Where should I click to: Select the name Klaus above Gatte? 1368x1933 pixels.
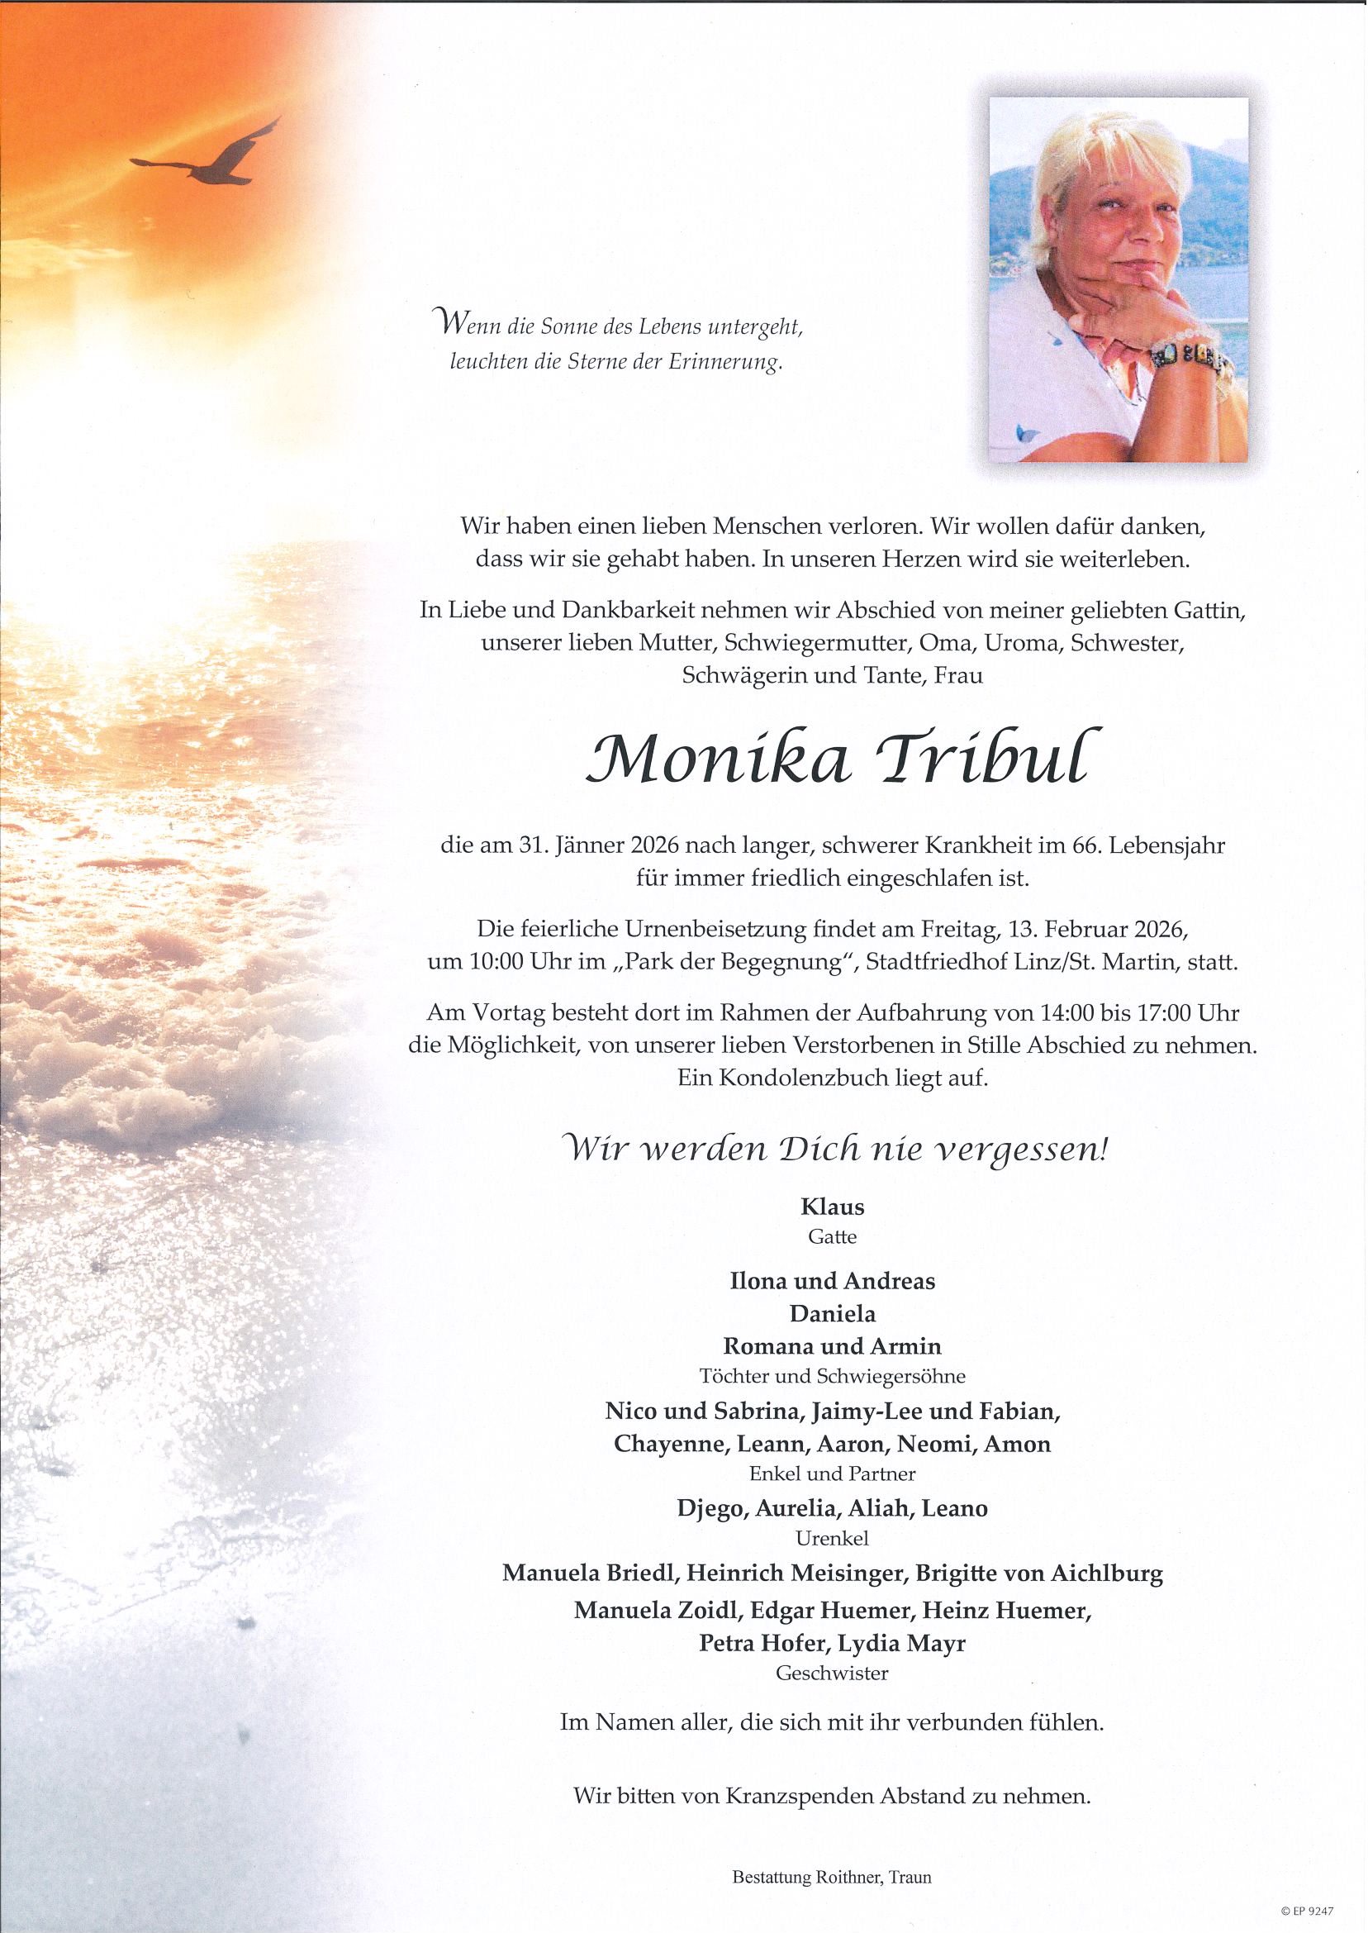(832, 1207)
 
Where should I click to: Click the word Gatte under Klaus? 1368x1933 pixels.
(832, 1237)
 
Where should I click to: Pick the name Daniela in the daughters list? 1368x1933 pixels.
(832, 1313)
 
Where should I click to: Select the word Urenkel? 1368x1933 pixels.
(832, 1539)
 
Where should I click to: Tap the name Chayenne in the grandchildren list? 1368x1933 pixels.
(670, 1445)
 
